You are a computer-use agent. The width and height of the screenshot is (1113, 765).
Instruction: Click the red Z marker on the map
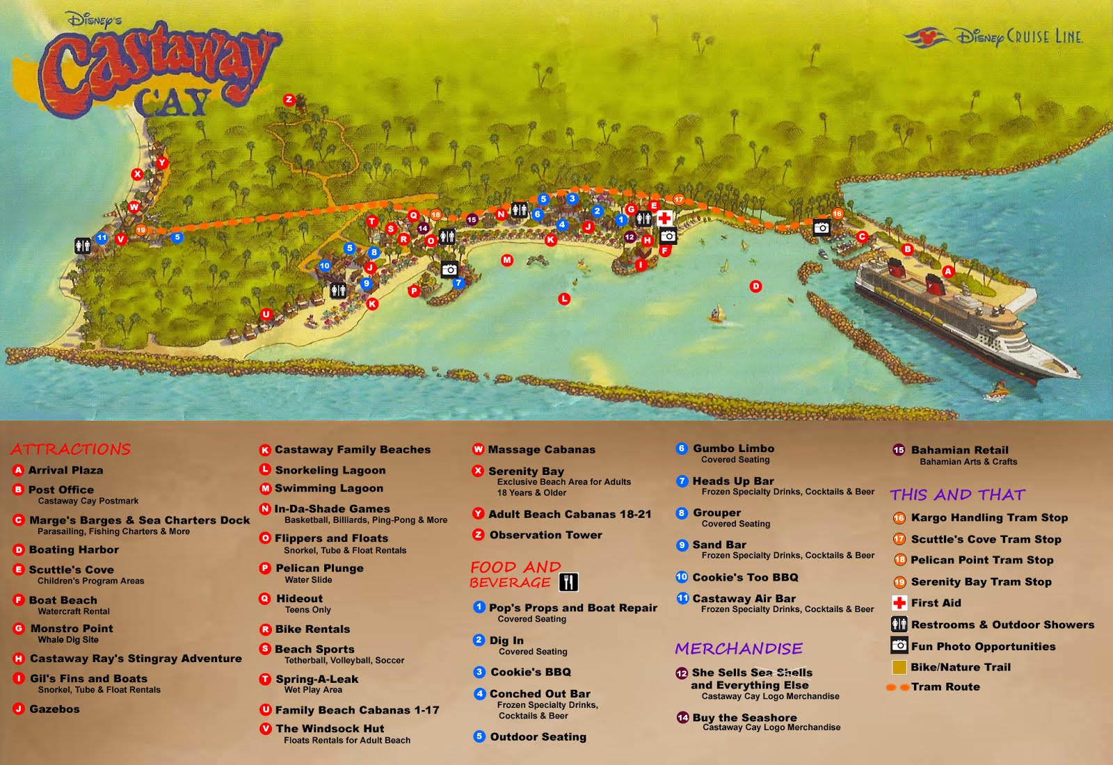click(x=289, y=100)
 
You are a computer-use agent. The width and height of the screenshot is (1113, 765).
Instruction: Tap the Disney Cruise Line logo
click(x=993, y=37)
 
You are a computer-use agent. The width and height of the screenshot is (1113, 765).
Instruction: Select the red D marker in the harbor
click(x=756, y=287)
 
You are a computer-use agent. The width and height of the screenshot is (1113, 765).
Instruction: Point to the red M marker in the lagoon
click(x=507, y=260)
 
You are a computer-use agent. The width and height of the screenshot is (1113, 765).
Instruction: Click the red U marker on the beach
click(x=266, y=314)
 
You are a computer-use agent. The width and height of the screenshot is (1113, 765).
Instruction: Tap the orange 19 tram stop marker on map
click(x=141, y=230)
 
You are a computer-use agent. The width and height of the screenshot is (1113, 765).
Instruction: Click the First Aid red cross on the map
click(x=664, y=218)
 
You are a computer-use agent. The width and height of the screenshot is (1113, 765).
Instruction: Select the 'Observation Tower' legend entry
click(x=545, y=535)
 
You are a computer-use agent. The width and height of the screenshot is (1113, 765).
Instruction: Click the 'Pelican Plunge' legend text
click(x=319, y=568)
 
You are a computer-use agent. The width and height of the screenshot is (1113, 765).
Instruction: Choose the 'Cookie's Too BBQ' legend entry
click(x=745, y=577)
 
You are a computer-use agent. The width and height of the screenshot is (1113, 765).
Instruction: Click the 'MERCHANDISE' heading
click(x=738, y=649)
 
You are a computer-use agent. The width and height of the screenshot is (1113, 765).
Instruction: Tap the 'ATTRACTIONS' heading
click(x=71, y=449)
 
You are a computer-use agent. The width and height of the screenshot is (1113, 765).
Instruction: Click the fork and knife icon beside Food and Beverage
click(x=568, y=582)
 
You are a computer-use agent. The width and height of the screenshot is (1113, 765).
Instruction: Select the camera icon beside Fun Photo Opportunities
click(x=899, y=645)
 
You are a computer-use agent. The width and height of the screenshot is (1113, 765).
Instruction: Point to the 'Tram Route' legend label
click(x=945, y=687)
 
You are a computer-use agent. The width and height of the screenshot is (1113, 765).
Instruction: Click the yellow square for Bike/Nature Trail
click(x=899, y=667)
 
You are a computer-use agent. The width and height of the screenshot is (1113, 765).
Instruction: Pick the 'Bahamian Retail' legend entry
click(x=959, y=450)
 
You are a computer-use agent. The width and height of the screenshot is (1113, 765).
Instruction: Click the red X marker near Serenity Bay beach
click(x=138, y=175)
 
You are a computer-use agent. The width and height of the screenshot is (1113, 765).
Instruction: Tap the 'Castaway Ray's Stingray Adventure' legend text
click(x=136, y=659)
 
